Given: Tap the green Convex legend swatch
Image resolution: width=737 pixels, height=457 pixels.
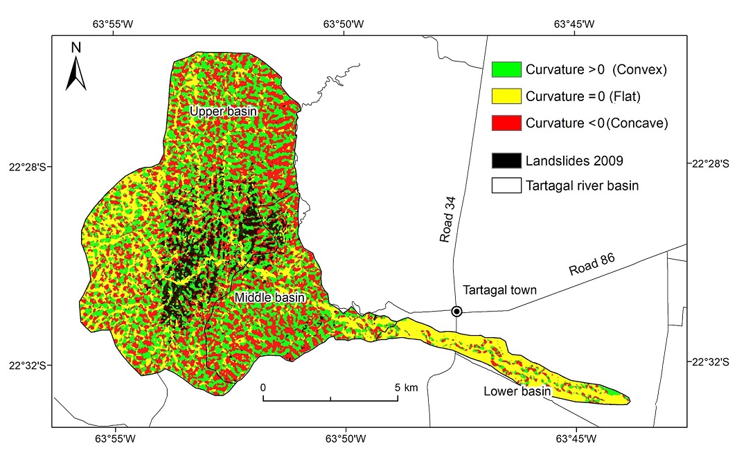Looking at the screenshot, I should point(506,69).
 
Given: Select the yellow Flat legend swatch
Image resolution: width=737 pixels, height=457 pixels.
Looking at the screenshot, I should point(506,96).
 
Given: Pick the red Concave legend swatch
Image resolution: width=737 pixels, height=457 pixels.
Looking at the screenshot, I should point(506,123).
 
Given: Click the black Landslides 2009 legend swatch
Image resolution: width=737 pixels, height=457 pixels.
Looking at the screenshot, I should point(506,161).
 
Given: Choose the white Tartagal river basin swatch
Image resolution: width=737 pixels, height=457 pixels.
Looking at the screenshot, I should point(506,186).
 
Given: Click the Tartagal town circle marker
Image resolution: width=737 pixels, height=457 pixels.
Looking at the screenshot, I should point(456,312).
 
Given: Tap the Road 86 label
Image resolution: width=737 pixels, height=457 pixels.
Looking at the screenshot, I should point(592,266).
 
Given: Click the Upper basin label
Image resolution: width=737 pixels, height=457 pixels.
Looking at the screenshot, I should point(224,111).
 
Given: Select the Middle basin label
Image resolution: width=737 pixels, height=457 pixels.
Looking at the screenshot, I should point(269,298).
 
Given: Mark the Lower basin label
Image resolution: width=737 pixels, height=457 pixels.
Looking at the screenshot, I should point(517,392).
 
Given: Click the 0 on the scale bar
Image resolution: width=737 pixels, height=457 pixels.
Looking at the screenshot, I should point(263,388).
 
